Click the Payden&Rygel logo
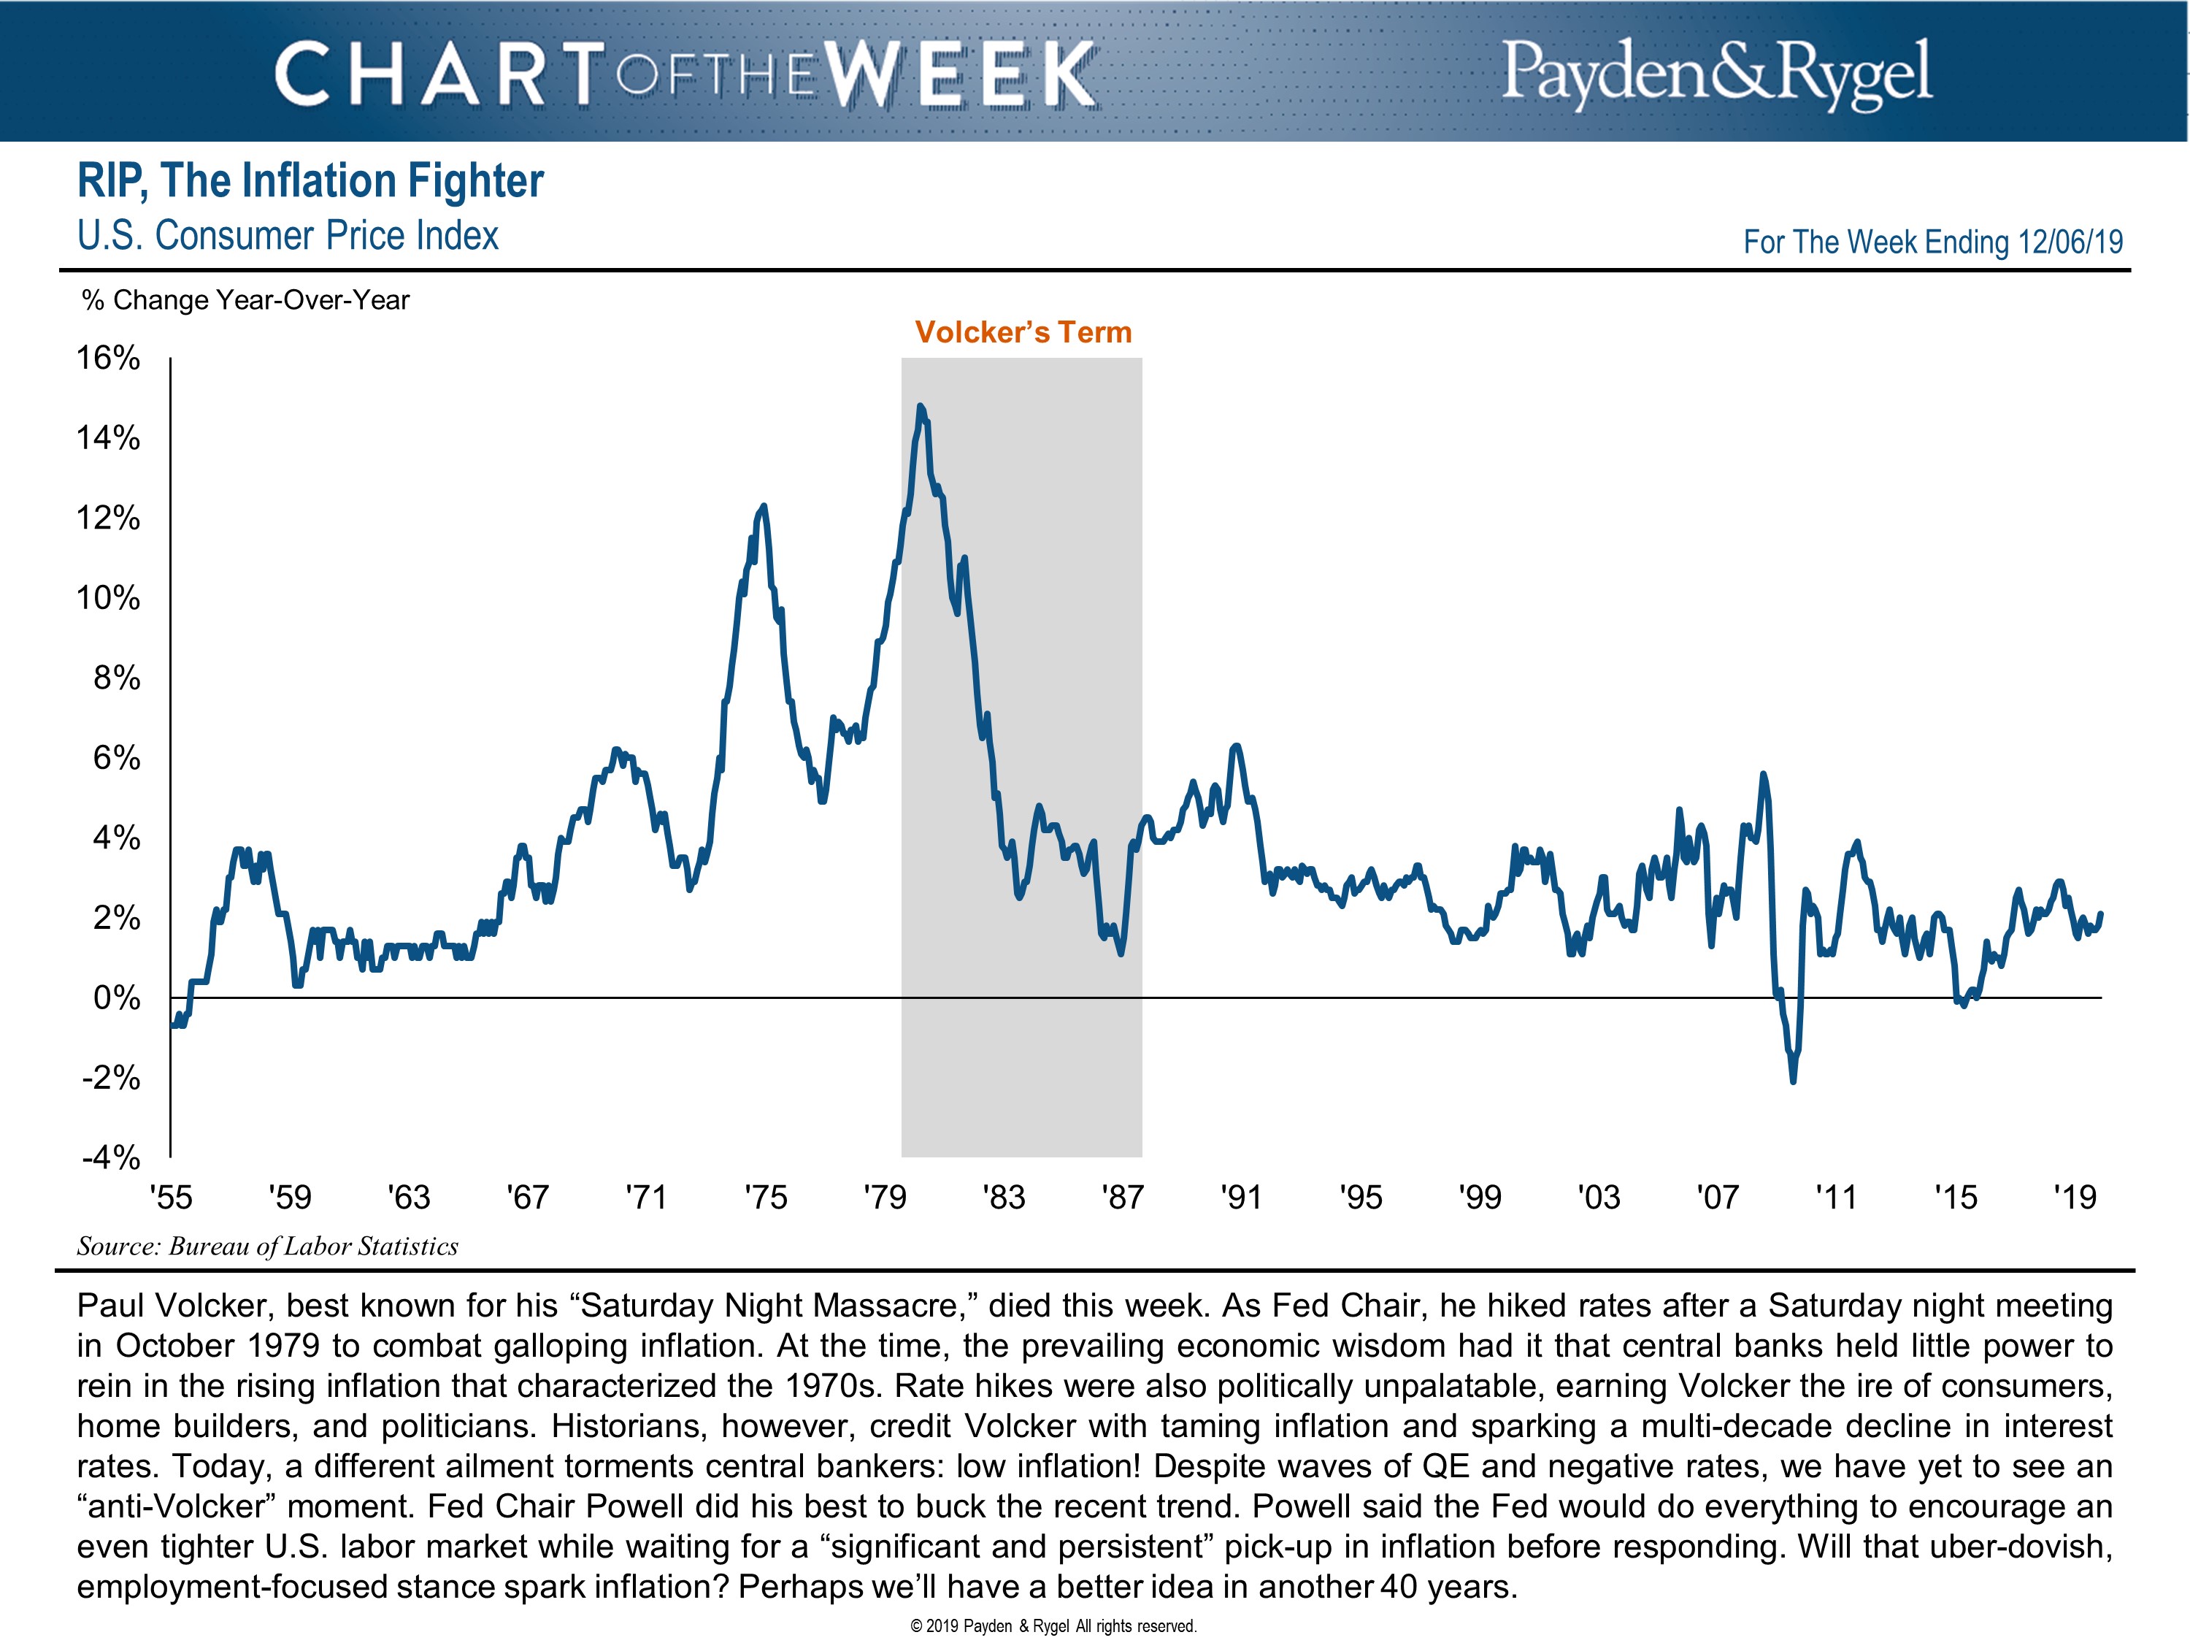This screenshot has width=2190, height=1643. (1715, 72)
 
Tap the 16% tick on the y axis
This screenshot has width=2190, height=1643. (109, 359)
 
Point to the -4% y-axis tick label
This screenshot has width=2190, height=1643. (111, 1157)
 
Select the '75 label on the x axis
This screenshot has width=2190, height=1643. (765, 1198)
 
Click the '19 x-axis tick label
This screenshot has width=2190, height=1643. (2074, 1198)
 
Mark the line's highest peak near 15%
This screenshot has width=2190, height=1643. (920, 406)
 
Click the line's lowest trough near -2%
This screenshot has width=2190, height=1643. (1793, 1081)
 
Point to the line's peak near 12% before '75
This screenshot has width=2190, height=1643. (762, 507)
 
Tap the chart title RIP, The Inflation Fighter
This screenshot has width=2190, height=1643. (310, 181)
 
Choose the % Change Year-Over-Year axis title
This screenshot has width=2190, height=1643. (245, 300)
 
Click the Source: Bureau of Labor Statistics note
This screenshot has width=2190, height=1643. (267, 1246)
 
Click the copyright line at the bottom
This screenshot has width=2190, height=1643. (1053, 1625)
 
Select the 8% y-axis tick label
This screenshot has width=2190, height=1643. (117, 678)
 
